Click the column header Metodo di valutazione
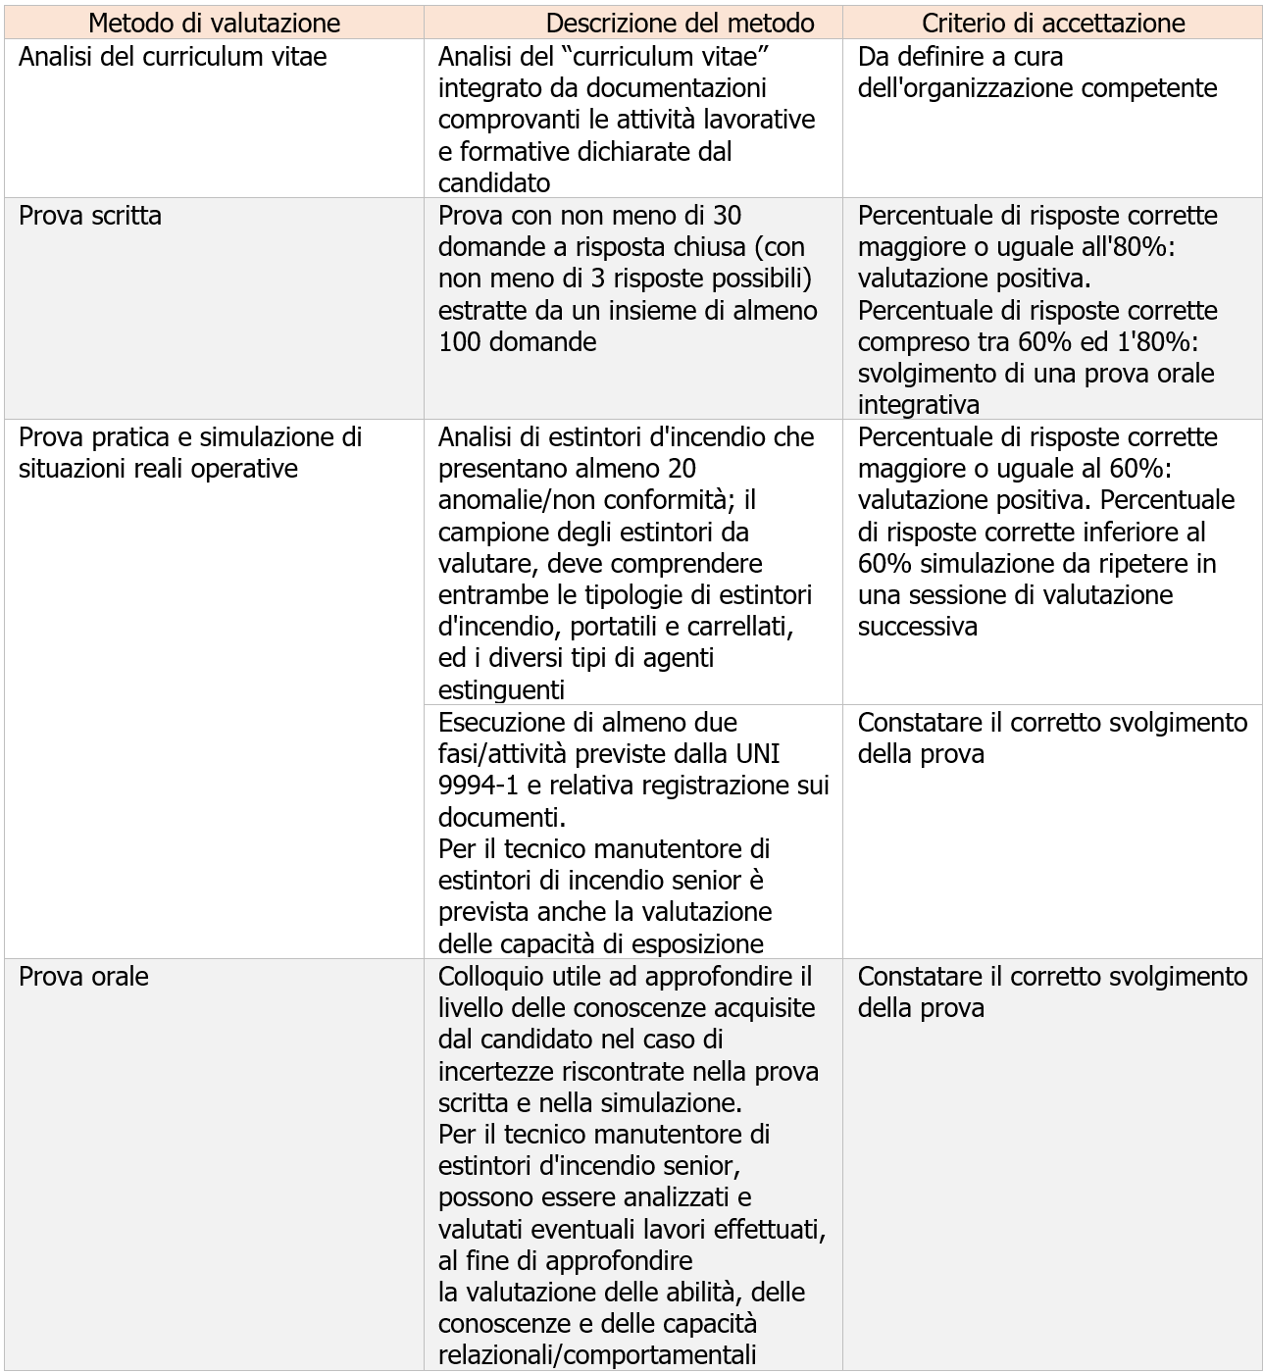214,23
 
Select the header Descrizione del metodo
680,23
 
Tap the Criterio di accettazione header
1053,23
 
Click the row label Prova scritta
90,216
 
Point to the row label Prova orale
83,977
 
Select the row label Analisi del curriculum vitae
173,57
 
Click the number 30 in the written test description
728,216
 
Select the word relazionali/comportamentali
597,1355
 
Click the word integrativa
918,405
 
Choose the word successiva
917,627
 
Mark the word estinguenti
501,689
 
